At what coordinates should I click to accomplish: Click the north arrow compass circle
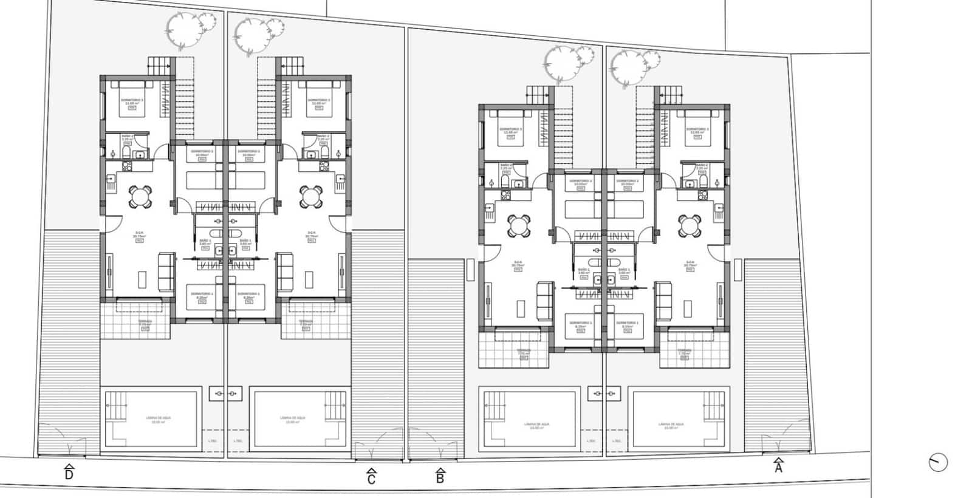938,462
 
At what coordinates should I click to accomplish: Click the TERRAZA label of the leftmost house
145,321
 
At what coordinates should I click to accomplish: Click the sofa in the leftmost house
165,271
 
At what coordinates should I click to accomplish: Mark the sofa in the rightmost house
663,300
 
